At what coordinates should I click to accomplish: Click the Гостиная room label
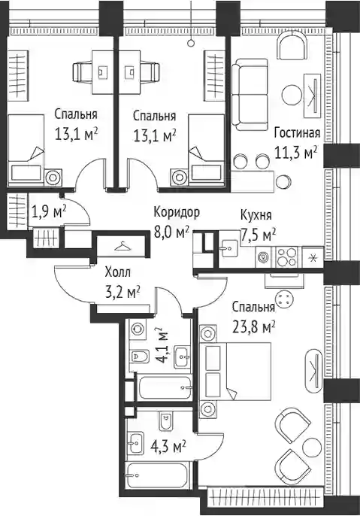tap(297, 133)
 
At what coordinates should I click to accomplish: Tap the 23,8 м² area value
tap(254, 327)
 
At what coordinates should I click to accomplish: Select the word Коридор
tap(177, 213)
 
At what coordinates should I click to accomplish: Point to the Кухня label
tap(256, 216)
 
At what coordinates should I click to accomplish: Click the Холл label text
tap(117, 272)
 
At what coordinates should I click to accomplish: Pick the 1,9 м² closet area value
tap(49, 211)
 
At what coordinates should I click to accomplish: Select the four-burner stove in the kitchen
tap(287, 256)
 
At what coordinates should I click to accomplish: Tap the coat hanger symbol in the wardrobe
tap(121, 246)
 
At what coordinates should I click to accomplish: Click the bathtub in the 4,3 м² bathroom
tap(158, 475)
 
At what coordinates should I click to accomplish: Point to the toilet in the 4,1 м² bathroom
tap(135, 356)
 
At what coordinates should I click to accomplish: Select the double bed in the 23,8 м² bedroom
tap(235, 372)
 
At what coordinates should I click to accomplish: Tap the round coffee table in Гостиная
tap(292, 96)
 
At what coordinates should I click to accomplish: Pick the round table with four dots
tap(285, 299)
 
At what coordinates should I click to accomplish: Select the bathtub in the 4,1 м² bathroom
tap(164, 387)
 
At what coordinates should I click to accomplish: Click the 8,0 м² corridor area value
tap(171, 233)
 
